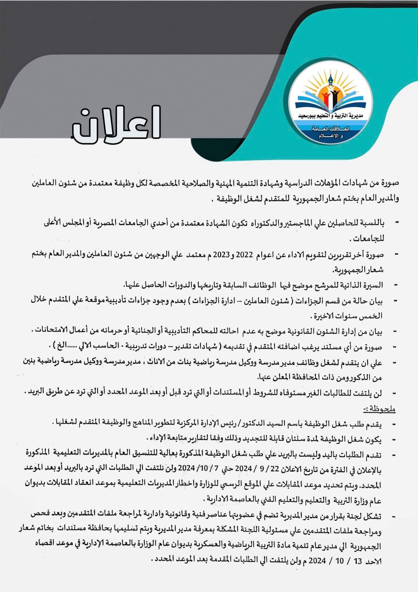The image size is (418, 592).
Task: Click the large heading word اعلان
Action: click(x=115, y=124)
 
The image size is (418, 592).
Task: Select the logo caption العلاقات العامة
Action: click(x=331, y=129)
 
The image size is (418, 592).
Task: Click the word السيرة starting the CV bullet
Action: click(x=372, y=285)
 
